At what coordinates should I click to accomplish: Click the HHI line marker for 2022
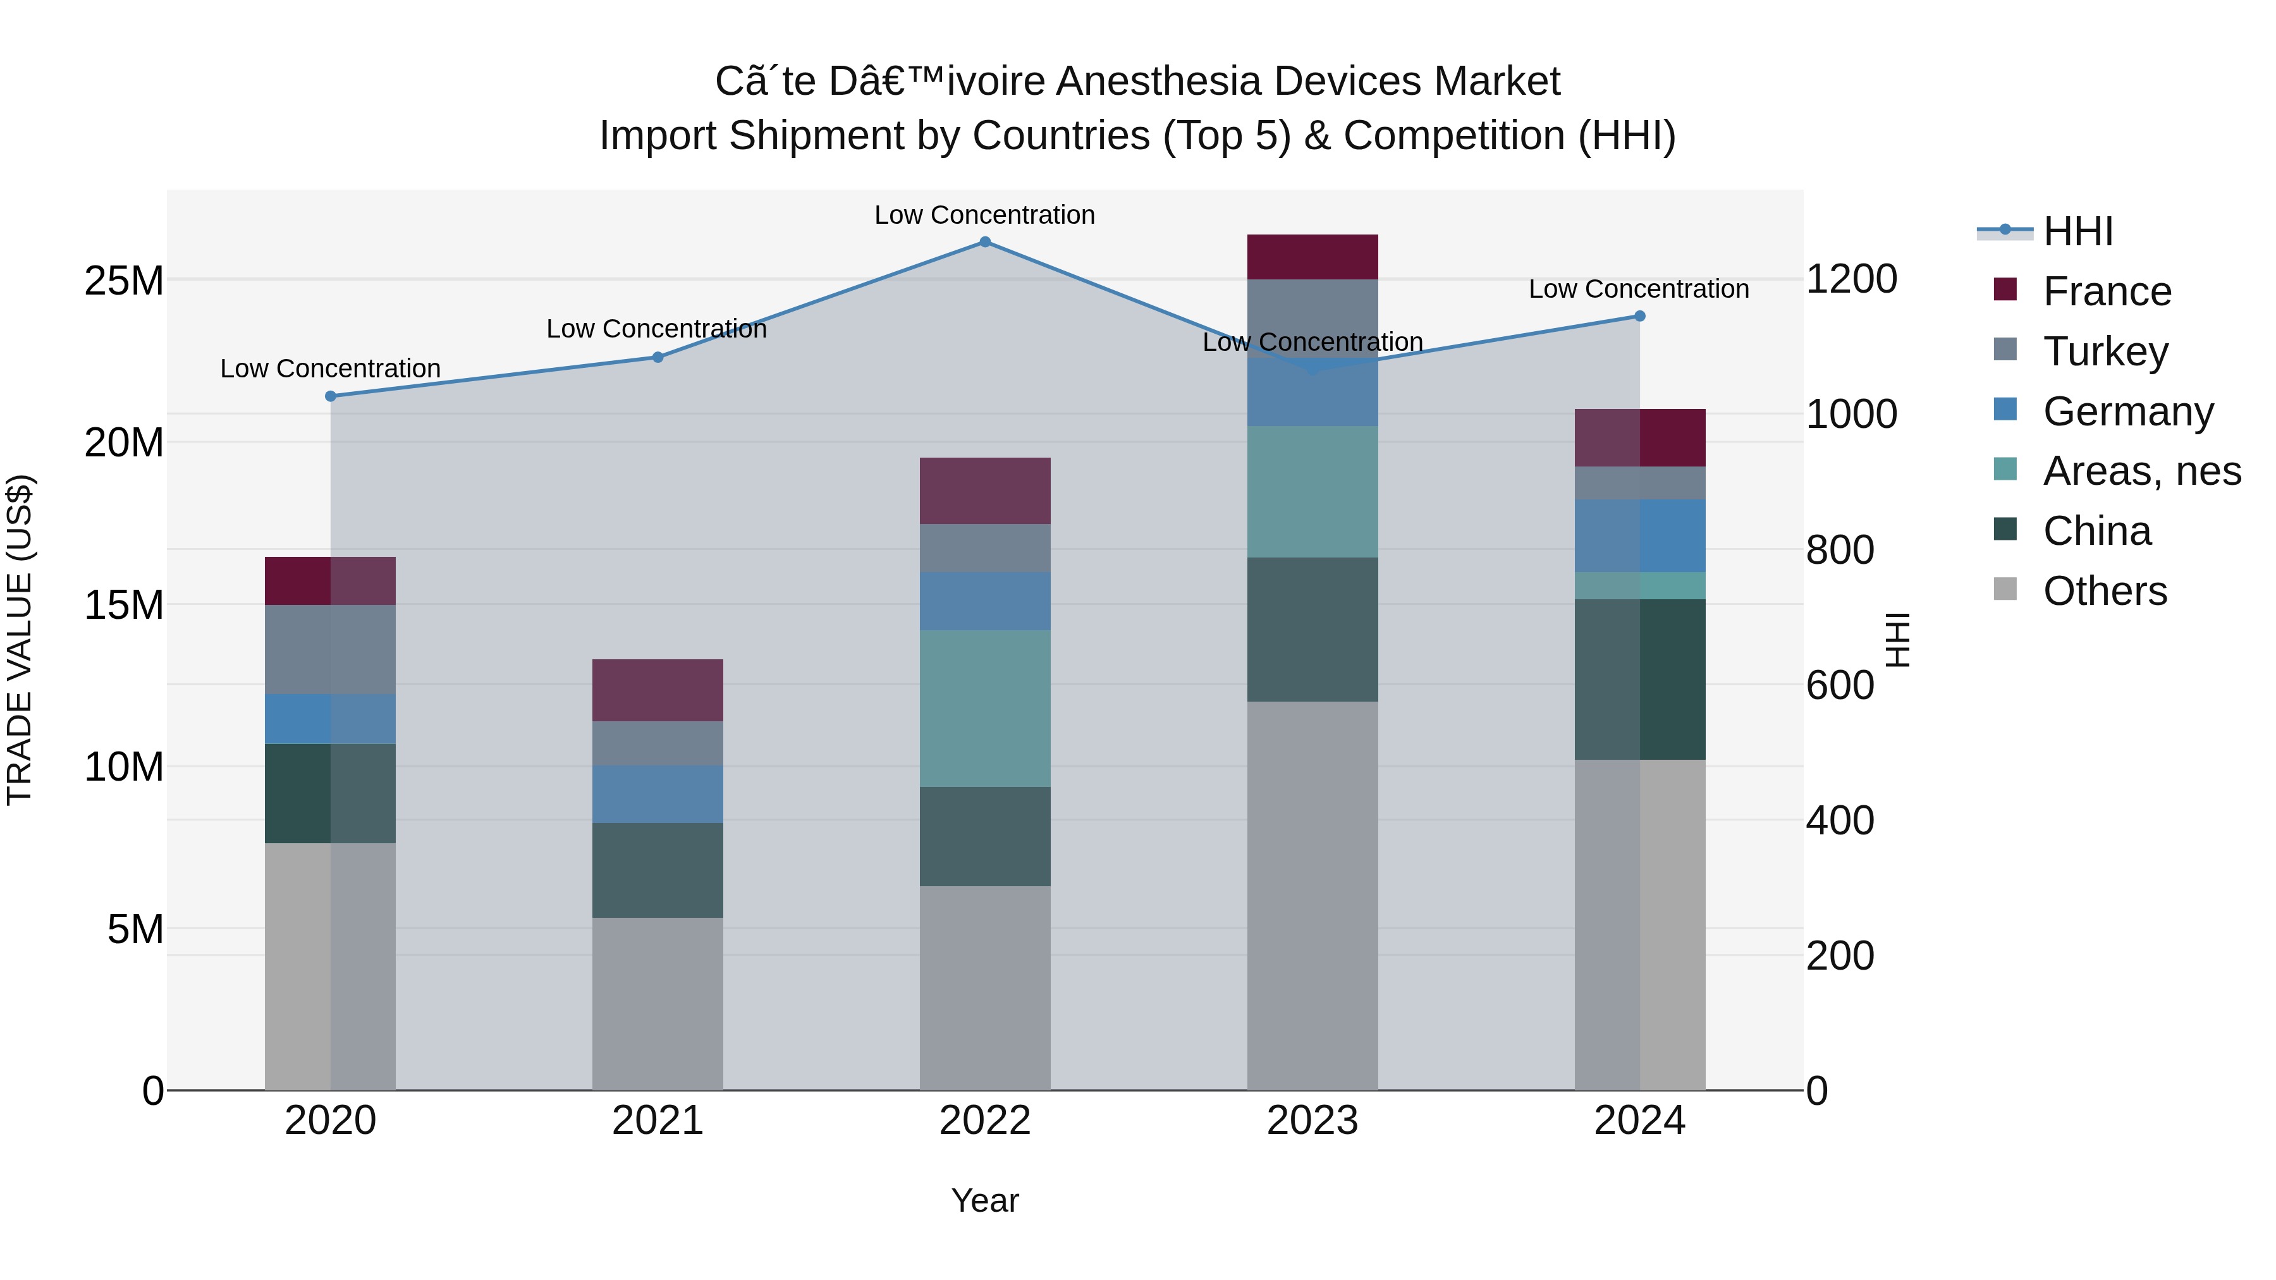tap(985, 242)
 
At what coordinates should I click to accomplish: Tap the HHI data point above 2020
tap(331, 396)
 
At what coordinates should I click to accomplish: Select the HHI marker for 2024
tap(1640, 316)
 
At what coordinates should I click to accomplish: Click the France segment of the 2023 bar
tap(1312, 257)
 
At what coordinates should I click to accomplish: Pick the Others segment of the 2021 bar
tap(658, 1004)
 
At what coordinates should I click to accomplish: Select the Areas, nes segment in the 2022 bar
tap(985, 709)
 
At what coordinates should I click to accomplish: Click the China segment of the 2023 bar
tap(1312, 629)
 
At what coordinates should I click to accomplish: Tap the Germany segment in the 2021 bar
tap(658, 794)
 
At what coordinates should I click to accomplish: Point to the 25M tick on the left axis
tap(124, 281)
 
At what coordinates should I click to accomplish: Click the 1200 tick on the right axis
tap(1851, 279)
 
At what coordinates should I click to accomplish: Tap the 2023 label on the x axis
tap(1312, 1121)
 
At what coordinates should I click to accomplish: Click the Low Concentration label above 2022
tap(984, 215)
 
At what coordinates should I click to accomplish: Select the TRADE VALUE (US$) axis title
tap(20, 640)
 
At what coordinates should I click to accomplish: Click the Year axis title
tap(984, 1200)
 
